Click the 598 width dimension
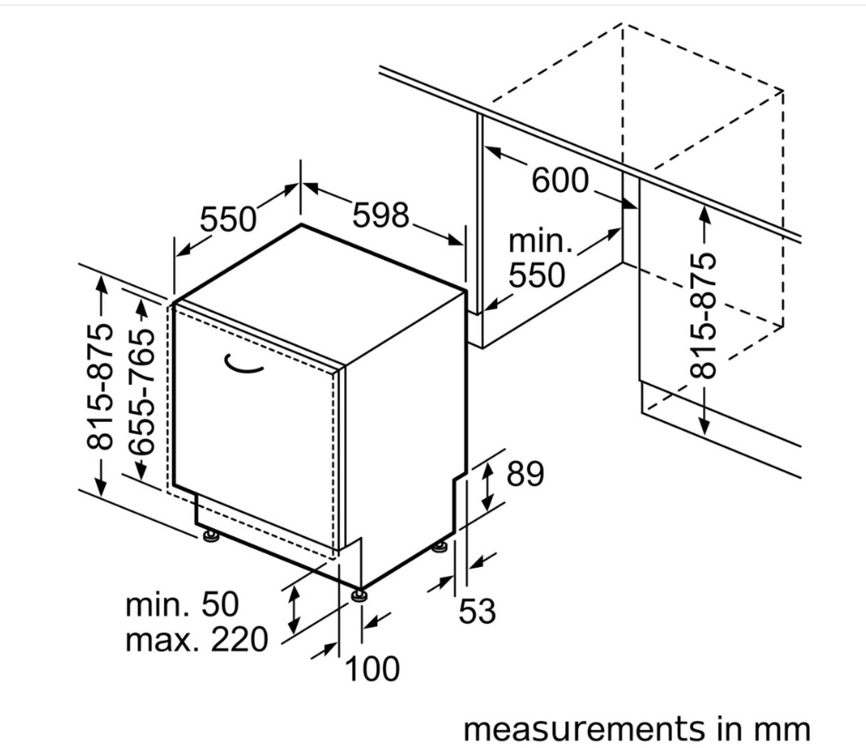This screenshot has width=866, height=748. [380, 216]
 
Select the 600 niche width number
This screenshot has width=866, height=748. [560, 180]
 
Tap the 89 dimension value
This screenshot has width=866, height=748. [525, 474]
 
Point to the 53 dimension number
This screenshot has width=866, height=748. [477, 611]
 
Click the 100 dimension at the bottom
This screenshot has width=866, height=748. [371, 668]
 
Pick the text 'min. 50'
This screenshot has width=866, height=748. [182, 605]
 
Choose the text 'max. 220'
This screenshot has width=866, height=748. [197, 640]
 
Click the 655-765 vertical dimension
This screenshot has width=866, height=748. [143, 392]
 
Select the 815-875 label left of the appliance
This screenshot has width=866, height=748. [101, 386]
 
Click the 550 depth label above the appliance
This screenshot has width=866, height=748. [228, 219]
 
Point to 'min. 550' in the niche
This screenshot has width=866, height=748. [537, 258]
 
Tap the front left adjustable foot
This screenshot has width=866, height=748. [210, 535]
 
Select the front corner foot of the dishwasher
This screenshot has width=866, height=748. [361, 596]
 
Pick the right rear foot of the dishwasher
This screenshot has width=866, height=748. [439, 548]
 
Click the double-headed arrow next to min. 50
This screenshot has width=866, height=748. [293, 609]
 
